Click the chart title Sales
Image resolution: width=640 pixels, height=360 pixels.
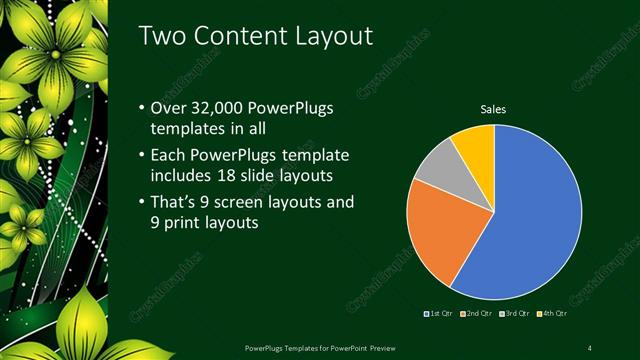493,108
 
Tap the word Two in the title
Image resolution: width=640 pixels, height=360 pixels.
159,36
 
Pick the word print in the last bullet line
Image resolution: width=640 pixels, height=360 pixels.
181,224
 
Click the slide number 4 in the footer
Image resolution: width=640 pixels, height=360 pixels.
590,347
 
